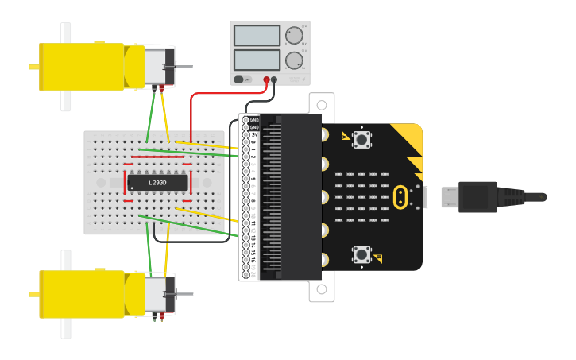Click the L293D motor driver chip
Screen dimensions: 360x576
pyautogui.click(x=157, y=183)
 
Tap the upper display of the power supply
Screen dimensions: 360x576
pyautogui.click(x=257, y=36)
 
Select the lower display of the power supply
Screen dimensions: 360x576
pyautogui.click(x=257, y=60)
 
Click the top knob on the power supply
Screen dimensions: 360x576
pyautogui.click(x=294, y=35)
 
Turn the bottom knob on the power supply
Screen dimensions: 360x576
pyautogui.click(x=294, y=60)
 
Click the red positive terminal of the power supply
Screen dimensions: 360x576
pyautogui.click(x=266, y=79)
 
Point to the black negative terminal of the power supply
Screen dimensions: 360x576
pyautogui.click(x=274, y=79)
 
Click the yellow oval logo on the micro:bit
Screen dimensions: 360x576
pyautogui.click(x=402, y=196)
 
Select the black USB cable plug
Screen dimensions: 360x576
pyautogui.click(x=477, y=196)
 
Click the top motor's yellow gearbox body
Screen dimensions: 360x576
pyautogui.click(x=81, y=67)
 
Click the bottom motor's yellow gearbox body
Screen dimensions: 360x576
pyautogui.click(x=81, y=294)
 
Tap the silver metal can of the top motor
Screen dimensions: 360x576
pyautogui.click(x=159, y=66)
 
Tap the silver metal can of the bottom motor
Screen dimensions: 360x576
pyautogui.click(x=159, y=294)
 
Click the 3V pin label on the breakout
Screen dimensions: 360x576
pyautogui.click(x=254, y=135)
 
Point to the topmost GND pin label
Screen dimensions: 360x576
pyautogui.click(x=254, y=120)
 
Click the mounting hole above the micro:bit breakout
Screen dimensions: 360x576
pyautogui.click(x=322, y=103)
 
